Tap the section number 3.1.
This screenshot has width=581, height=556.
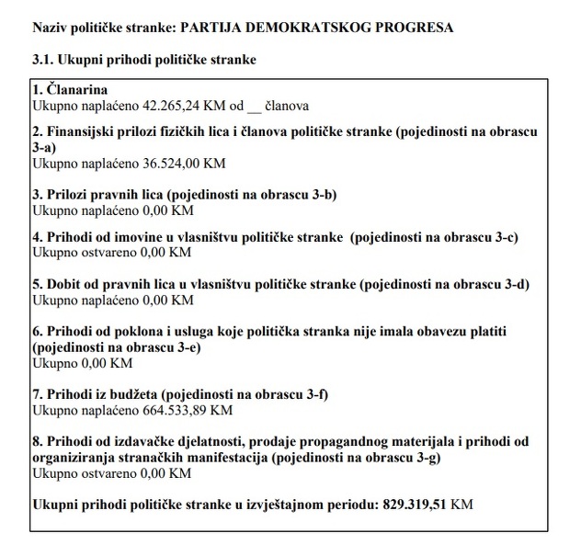(43, 60)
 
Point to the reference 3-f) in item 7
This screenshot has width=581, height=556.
(311, 394)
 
